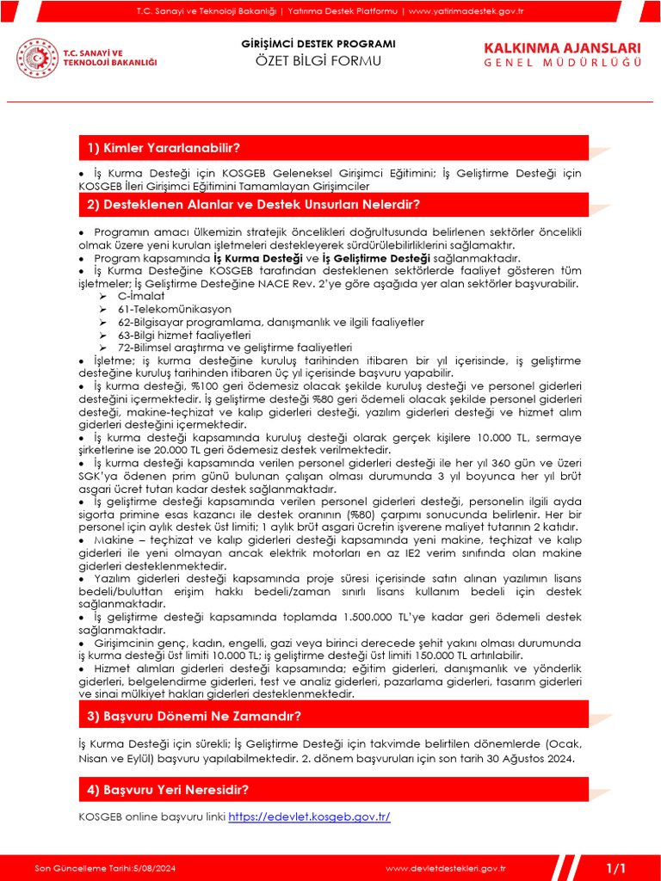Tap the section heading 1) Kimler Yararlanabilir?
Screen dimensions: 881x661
click(164, 149)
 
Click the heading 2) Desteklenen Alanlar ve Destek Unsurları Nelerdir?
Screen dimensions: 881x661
click(253, 205)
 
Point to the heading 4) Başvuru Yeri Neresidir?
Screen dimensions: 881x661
click(168, 790)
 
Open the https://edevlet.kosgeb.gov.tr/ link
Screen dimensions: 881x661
click(309, 816)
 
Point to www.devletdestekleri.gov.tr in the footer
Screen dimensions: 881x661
click(444, 867)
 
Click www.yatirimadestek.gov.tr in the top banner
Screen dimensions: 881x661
click(466, 10)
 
